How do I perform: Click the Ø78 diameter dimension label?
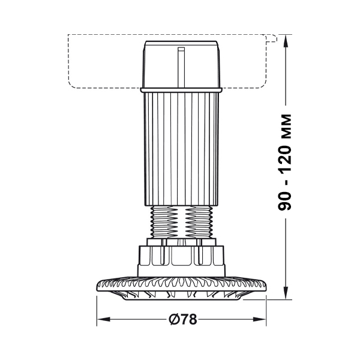pos(183,319)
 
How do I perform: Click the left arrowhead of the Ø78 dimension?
pos(103,319)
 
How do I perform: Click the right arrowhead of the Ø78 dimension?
pos(259,319)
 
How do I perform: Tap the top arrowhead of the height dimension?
pos(286,41)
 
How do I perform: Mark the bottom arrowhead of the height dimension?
pos(286,293)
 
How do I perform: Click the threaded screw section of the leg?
pos(181,222)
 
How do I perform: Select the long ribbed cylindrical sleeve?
pos(181,149)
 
